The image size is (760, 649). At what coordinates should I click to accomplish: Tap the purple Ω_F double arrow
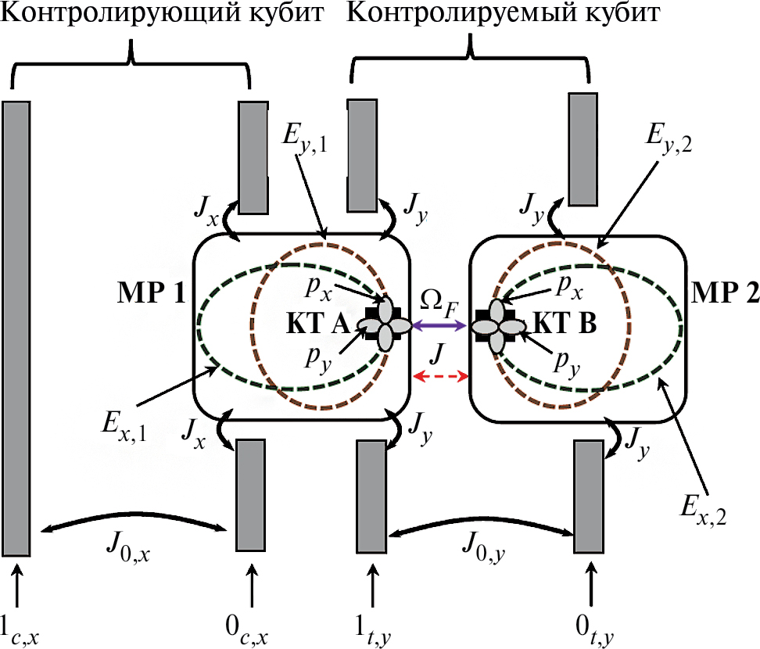(x=440, y=324)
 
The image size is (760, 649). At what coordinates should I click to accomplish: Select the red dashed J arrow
(x=440, y=377)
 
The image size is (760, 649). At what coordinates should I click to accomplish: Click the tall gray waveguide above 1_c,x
(x=16, y=328)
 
